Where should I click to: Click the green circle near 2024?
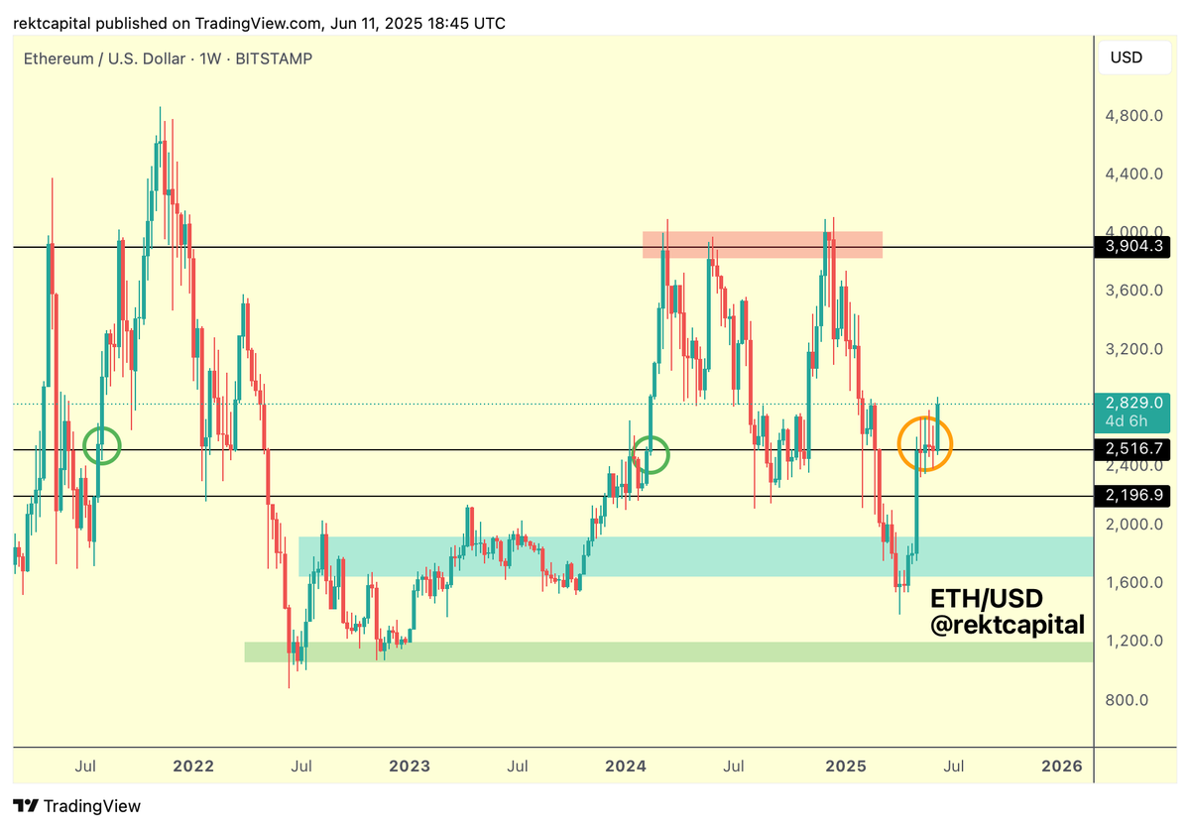(651, 454)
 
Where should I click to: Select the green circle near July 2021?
(101, 445)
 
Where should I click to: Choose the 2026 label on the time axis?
(1061, 767)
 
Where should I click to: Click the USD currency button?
(1126, 58)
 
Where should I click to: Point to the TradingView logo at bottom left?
(77, 806)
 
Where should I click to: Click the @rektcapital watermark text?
(1007, 625)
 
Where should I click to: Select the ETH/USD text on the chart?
(987, 598)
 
